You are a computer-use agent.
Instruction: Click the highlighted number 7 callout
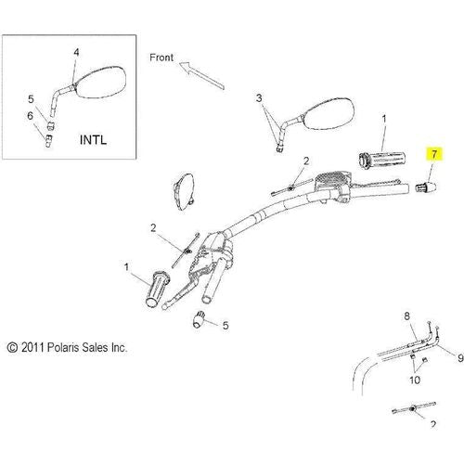tap(434, 154)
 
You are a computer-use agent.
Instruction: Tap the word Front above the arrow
tap(161, 58)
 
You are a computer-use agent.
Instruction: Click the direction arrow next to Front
tap(201, 75)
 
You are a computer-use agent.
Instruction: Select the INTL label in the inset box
tap(93, 140)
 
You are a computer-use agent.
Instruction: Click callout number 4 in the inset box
tap(76, 53)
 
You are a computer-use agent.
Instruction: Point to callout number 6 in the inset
tap(30, 116)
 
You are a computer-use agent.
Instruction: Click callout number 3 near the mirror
tap(259, 98)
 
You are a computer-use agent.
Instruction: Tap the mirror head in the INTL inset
tap(99, 83)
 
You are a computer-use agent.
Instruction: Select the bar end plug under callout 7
tap(425, 187)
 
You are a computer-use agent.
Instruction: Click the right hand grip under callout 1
tap(382, 160)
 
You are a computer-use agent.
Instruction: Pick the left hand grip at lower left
tap(158, 289)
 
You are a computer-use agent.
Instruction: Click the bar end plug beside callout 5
tap(199, 319)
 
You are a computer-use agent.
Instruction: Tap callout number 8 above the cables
tap(406, 316)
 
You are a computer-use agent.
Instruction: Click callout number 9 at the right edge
tap(460, 358)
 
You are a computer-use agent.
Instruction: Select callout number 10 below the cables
tap(415, 380)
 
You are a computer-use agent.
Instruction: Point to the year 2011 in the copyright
tap(32, 348)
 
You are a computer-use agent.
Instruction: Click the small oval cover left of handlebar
tap(184, 192)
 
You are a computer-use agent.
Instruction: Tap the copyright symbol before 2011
tap(12, 348)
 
